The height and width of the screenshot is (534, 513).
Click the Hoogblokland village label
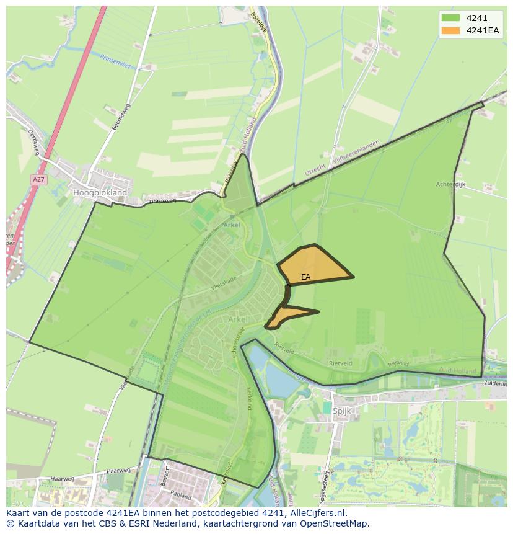100,193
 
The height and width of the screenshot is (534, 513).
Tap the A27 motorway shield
38,180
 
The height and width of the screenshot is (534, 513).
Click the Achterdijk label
450,184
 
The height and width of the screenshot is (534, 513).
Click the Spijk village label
342,411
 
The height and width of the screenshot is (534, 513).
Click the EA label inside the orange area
306,277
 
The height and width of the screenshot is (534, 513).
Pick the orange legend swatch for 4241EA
451,30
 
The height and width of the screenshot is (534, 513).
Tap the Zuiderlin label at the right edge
496,385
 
